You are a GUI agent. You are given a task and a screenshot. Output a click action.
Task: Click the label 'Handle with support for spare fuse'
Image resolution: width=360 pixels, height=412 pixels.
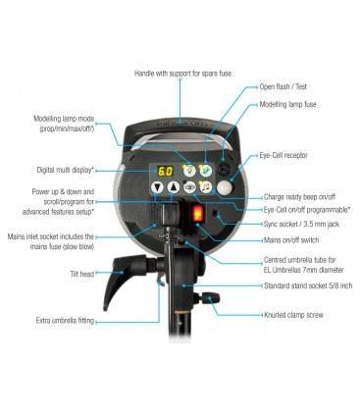point(180,74)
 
